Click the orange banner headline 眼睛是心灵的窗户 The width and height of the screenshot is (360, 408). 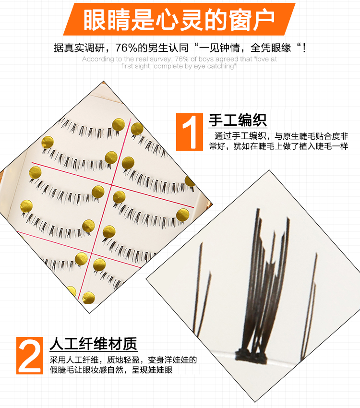179,20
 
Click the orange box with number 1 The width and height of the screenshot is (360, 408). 190,132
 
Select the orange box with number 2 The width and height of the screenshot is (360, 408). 30,355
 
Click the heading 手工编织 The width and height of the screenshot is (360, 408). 238,120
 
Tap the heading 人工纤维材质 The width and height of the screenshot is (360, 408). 94,344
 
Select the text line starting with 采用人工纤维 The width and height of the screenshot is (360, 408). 123,360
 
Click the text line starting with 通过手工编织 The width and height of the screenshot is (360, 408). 281,136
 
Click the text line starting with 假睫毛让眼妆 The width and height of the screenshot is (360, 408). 111,370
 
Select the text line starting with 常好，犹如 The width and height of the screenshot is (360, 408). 278,146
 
